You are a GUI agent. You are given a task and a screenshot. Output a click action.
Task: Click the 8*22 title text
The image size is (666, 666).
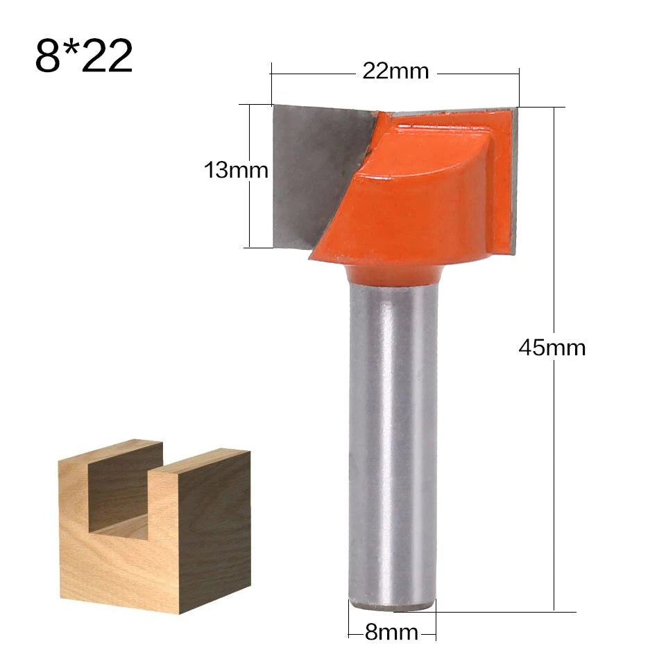[83, 57]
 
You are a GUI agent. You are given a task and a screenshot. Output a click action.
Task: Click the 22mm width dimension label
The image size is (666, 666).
[395, 71]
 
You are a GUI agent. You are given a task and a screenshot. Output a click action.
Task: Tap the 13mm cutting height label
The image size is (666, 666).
[236, 170]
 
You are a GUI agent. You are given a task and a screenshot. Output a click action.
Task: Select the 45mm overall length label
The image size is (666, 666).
[552, 348]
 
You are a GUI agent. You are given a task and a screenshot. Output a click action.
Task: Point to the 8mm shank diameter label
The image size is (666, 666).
[392, 632]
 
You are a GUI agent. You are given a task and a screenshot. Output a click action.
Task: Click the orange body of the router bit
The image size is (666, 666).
[416, 201]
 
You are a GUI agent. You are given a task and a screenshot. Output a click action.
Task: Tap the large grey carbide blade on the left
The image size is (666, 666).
[312, 166]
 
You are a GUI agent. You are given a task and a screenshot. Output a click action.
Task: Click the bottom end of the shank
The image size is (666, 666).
[393, 605]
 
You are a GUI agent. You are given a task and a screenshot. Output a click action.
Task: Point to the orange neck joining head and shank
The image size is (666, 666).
[393, 275]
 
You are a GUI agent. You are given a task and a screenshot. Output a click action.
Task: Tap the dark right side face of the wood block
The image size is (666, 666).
[215, 527]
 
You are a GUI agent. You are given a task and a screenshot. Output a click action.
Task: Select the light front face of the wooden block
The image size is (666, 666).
[118, 569]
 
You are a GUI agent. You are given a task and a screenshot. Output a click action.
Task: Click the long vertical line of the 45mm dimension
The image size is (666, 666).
[554, 486]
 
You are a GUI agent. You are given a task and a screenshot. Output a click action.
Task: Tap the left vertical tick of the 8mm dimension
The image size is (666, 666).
[348, 621]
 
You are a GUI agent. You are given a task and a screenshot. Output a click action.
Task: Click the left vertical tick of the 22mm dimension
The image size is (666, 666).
[271, 83]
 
